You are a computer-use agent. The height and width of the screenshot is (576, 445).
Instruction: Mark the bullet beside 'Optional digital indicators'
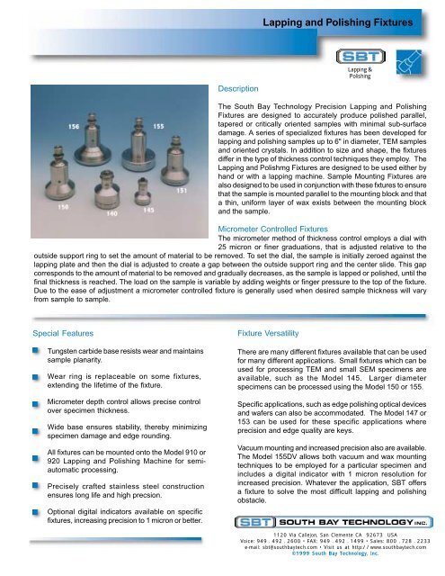(31, 510)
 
